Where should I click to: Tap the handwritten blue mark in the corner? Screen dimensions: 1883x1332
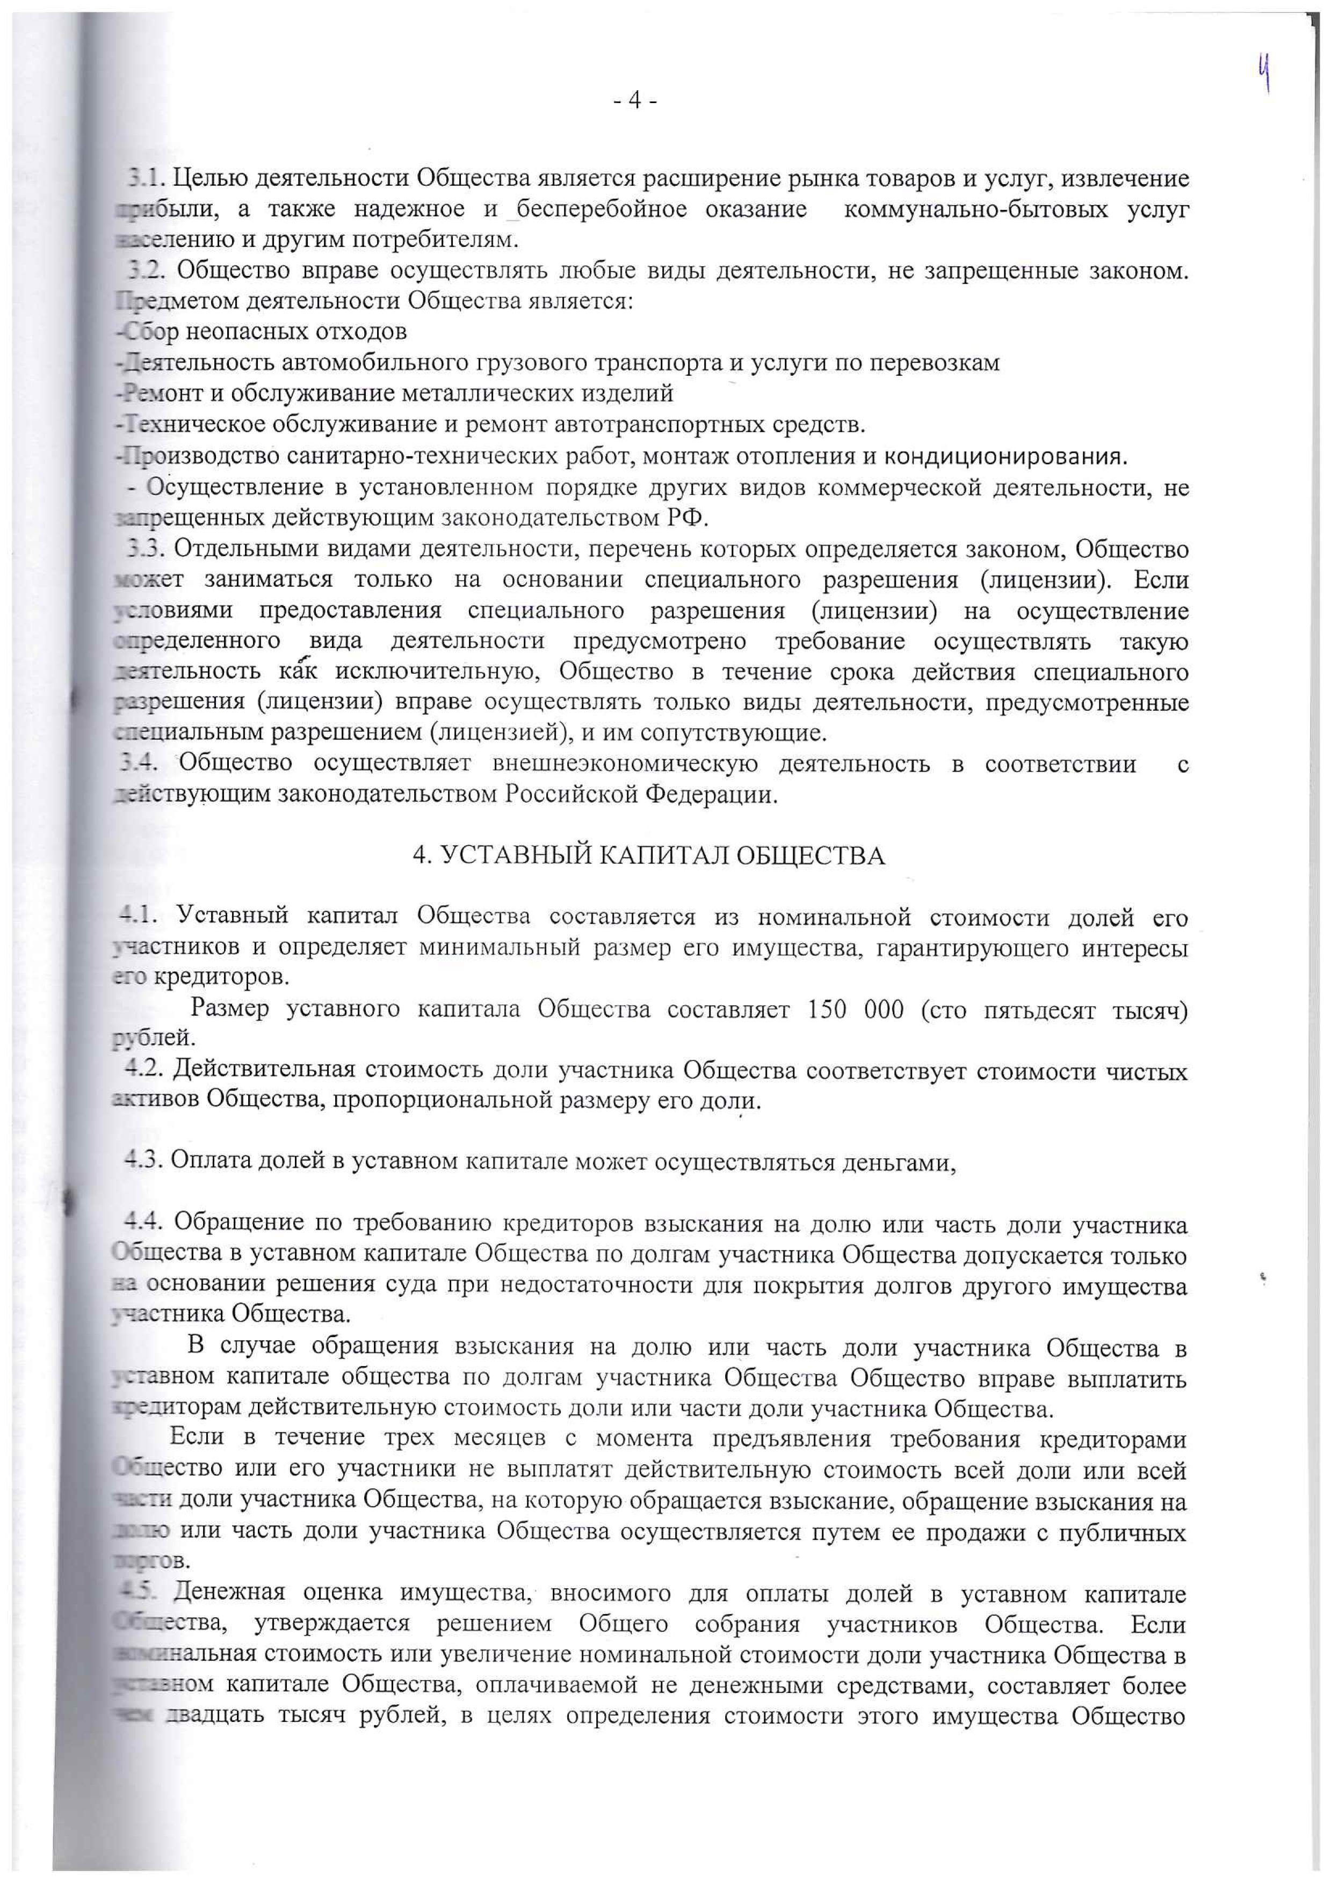pyautogui.click(x=1265, y=72)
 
